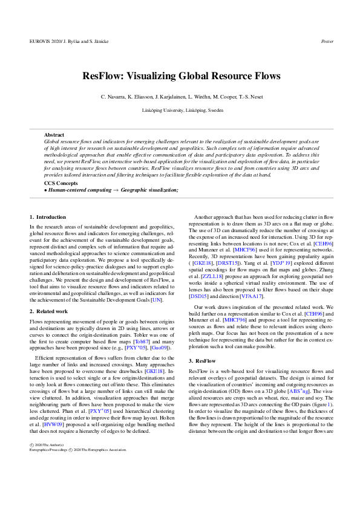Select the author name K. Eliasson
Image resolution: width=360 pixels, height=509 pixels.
coord(142,97)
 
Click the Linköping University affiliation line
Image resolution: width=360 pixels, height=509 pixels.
coord(180,111)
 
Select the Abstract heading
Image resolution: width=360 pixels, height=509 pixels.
coord(54,135)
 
